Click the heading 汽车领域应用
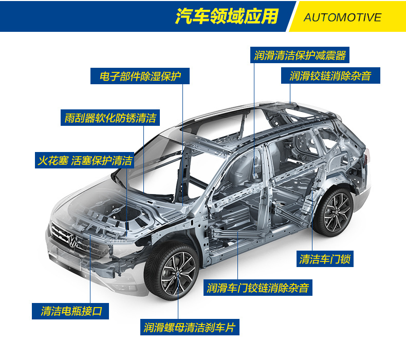226,16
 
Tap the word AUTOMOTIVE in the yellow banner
342,17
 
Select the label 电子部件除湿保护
140,77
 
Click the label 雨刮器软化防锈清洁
110,118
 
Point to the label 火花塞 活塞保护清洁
84,160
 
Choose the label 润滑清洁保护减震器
300,55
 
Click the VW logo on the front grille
73,240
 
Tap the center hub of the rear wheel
337,212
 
